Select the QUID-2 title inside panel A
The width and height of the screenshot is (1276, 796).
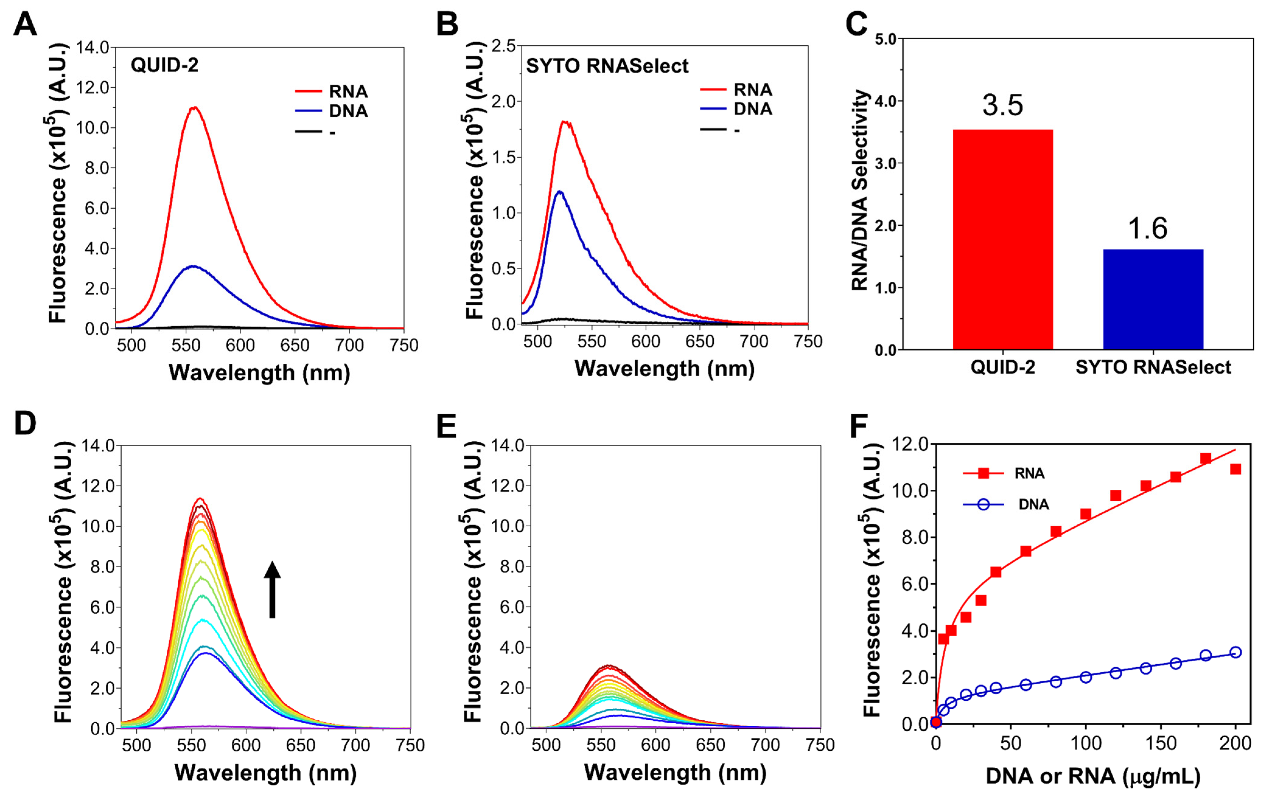click(x=164, y=65)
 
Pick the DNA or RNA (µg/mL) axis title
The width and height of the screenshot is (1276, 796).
click(x=1093, y=775)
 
